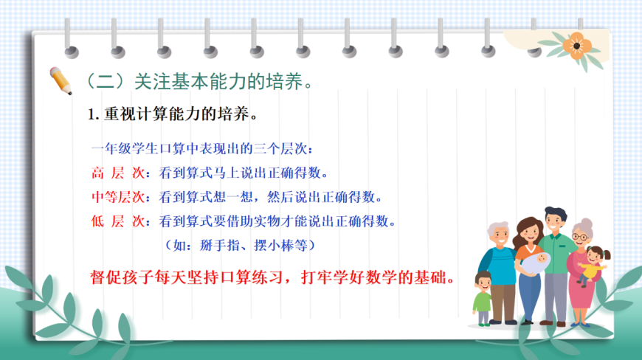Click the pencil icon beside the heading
click(61, 80)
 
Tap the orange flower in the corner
click(576, 46)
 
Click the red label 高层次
click(118, 173)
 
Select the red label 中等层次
click(118, 197)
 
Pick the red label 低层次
click(118, 221)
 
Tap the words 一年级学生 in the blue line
click(125, 148)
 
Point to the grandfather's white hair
click(497, 227)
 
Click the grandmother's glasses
click(580, 237)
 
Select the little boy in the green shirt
click(483, 299)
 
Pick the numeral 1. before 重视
click(94, 114)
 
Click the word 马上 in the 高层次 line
click(226, 173)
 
